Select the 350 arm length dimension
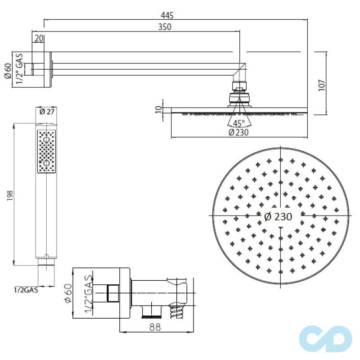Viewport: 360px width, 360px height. [x=165, y=27]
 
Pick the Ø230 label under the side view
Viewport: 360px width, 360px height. [x=238, y=132]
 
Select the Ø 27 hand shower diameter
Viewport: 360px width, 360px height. [x=46, y=112]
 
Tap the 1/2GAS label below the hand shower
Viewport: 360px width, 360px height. [x=26, y=290]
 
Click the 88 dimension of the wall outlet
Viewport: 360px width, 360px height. [x=156, y=328]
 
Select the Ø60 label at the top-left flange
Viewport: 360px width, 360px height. [x=7, y=70]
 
